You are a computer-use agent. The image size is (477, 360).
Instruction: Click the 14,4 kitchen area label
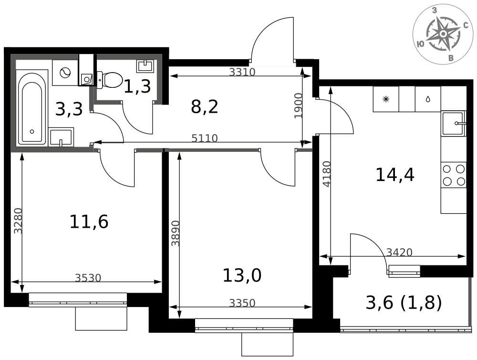point(395,175)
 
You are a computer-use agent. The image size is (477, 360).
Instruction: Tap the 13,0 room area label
point(242,275)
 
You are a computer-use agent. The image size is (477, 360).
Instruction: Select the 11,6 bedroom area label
point(89,222)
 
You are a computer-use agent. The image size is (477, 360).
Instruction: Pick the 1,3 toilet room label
point(137,86)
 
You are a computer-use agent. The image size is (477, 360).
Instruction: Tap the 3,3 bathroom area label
point(69,109)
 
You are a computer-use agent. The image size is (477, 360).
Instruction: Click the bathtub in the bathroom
point(31,108)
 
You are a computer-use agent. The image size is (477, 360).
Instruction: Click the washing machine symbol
point(65,73)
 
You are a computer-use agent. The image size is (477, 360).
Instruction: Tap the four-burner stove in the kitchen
point(454,175)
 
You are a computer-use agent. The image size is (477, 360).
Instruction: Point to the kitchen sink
point(454,123)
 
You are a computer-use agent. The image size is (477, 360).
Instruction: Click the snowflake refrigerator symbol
point(386,99)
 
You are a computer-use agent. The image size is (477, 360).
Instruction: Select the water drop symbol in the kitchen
point(428,99)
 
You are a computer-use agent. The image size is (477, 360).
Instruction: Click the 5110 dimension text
point(205,138)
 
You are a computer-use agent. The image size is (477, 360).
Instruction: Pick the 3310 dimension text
point(242,72)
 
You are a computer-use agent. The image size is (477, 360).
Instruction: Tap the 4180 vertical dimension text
point(326,174)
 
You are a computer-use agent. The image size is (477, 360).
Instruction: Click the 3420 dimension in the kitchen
point(399,253)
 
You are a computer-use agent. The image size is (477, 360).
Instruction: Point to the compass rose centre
point(443,33)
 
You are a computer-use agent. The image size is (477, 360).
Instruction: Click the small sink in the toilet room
point(145,66)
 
